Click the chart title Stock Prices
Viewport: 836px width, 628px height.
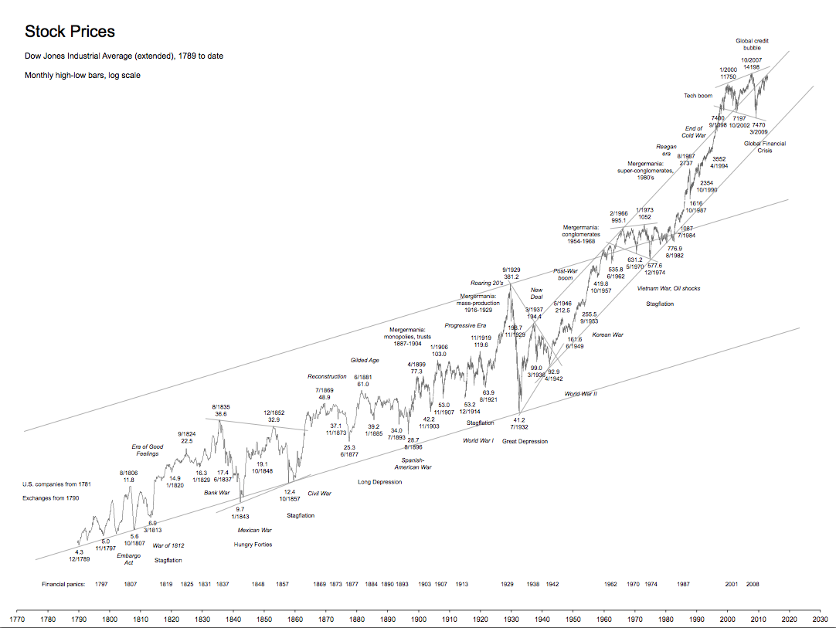(x=70, y=32)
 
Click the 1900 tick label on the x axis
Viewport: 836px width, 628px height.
(x=418, y=618)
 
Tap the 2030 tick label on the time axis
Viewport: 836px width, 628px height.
(x=820, y=618)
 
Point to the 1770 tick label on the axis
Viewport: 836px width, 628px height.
(x=16, y=618)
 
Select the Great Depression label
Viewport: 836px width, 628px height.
(x=525, y=442)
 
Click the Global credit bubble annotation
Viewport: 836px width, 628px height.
(x=752, y=44)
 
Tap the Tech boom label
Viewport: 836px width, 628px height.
(x=698, y=96)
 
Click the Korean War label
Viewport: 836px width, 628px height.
(x=607, y=335)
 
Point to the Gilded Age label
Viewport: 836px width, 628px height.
(x=365, y=360)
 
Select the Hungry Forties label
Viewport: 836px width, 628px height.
(x=253, y=545)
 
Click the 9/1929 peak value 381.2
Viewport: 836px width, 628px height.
(x=511, y=277)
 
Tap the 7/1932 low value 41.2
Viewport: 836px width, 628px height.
(x=519, y=420)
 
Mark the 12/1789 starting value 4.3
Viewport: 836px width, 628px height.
(x=79, y=552)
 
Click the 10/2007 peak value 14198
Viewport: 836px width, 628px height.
(x=752, y=67)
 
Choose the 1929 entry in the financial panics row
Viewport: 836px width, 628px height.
(x=508, y=585)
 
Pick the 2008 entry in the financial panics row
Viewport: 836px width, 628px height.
(x=753, y=585)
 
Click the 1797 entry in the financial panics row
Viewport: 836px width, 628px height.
(x=101, y=585)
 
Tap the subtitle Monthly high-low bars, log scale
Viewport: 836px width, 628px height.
(x=82, y=76)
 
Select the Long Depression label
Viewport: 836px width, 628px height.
(x=379, y=482)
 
